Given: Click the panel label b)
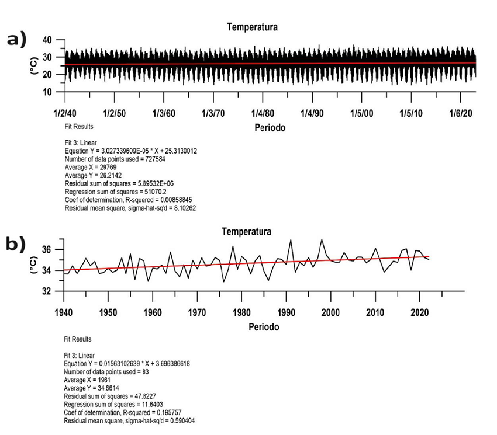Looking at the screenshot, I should pyautogui.click(x=16, y=244).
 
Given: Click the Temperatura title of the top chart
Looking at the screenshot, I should pyautogui.click(x=253, y=27).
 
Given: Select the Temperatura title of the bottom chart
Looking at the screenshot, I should pyautogui.click(x=247, y=232).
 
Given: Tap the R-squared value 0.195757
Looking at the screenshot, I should pyautogui.click(x=171, y=412).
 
